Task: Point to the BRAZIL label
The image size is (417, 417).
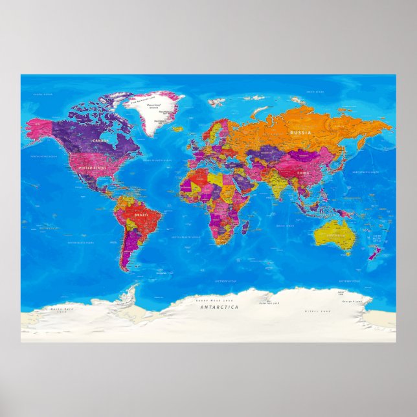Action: pyautogui.click(x=138, y=213)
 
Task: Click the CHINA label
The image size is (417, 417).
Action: pyautogui.click(x=302, y=173)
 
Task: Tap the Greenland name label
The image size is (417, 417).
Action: pyautogui.click(x=153, y=104)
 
